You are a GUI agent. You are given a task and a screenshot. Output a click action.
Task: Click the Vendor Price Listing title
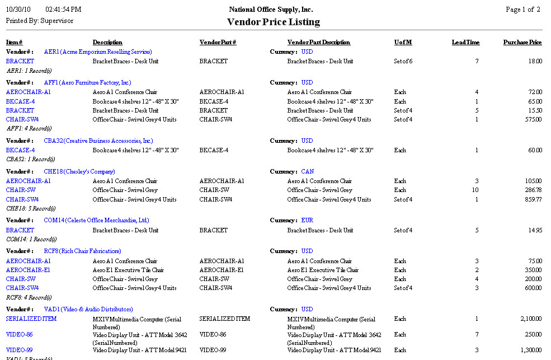(273, 22)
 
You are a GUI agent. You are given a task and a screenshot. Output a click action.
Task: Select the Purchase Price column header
(522, 43)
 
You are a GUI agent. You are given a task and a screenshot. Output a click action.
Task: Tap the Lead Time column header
(465, 43)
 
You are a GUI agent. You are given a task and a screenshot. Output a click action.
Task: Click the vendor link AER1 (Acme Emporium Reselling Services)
(90, 52)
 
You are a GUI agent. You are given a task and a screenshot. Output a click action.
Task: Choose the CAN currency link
(307, 171)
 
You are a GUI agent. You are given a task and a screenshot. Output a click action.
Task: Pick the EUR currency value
(307, 221)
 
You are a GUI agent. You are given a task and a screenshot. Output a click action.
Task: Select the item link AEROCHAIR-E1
(28, 270)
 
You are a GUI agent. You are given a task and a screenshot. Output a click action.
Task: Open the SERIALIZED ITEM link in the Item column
(31, 319)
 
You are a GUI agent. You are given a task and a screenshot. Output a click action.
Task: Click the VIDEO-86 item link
(19, 334)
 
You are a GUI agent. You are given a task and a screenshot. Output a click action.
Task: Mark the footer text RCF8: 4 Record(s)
(29, 297)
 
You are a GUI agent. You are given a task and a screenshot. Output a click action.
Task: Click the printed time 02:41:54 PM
(63, 10)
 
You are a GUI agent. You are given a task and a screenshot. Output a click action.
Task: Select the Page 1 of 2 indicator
(522, 10)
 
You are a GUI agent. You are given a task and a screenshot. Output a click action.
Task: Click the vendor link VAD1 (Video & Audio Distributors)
(88, 309)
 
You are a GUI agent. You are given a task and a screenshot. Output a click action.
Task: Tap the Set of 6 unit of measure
(403, 61)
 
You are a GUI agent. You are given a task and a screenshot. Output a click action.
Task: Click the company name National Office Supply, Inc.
(271, 10)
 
